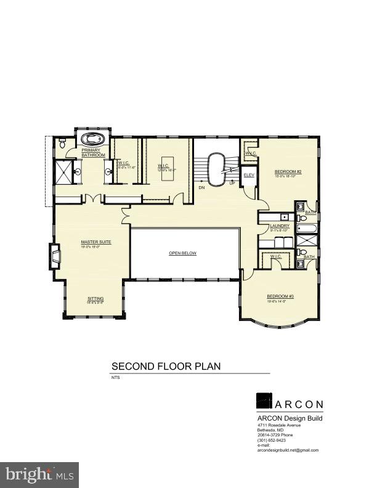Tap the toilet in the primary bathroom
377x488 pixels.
pos(63,144)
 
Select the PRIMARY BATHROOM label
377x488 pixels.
pos(94,152)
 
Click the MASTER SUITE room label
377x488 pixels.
pos(96,242)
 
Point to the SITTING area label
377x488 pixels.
pos(95,299)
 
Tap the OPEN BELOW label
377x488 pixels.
pos(183,253)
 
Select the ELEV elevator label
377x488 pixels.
pos(249,176)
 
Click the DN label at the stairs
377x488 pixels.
pos(201,186)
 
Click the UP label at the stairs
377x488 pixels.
pos(232,183)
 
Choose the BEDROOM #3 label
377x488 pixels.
pos(280,296)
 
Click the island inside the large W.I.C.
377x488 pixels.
pos(167,174)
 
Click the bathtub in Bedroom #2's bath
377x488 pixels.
pos(306,229)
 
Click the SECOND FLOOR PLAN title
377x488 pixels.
pos(166,366)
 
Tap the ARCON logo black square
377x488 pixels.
pos(264,401)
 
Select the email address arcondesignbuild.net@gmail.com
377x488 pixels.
pos(288,450)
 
